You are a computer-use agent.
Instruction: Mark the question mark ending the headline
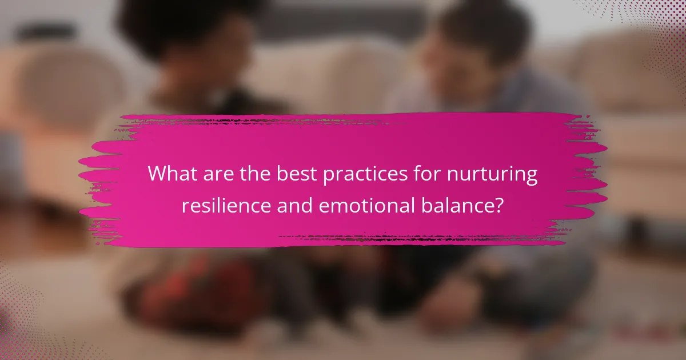click(499, 205)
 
